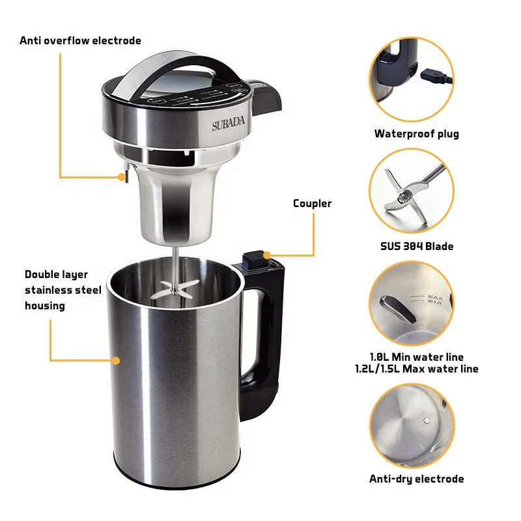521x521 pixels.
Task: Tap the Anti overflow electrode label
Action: tap(80, 40)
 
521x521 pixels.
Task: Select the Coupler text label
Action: tap(312, 203)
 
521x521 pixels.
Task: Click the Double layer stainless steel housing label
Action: tap(63, 290)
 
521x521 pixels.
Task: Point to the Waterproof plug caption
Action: tap(416, 134)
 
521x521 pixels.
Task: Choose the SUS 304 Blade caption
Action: tap(416, 246)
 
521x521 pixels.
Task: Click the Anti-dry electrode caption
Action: tap(416, 479)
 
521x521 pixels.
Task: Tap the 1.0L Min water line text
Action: tap(416, 357)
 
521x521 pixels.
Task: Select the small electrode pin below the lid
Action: tap(123, 176)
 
